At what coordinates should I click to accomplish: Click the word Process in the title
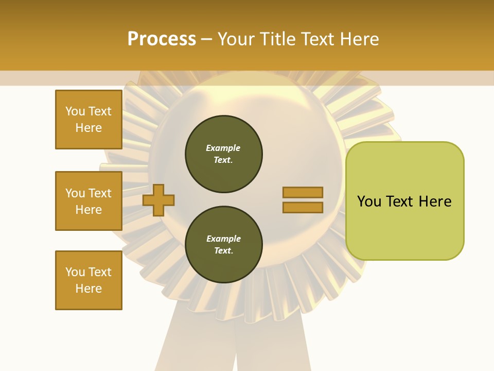[x=162, y=39]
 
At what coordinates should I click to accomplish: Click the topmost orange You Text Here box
[x=89, y=120]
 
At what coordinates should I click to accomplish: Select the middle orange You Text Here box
[x=89, y=201]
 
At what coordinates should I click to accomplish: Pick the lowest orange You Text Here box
[x=89, y=280]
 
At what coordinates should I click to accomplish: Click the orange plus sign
[x=158, y=199]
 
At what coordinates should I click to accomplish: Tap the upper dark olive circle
[x=224, y=154]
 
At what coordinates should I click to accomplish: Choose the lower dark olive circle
[x=224, y=245]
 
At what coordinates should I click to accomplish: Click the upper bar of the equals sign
[x=303, y=192]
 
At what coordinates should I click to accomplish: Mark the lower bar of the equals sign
[x=303, y=207]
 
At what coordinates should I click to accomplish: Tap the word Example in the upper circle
[x=223, y=148]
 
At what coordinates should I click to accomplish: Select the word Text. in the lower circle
[x=223, y=251]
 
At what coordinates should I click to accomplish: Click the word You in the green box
[x=369, y=201]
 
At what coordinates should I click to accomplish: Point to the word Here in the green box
[x=435, y=201]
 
